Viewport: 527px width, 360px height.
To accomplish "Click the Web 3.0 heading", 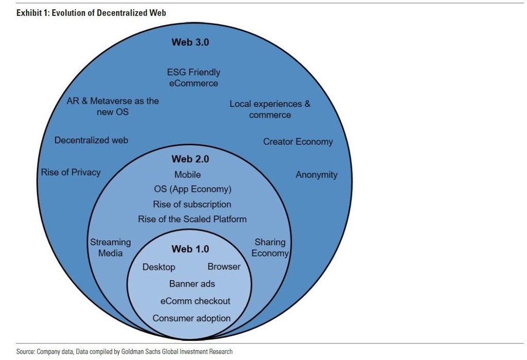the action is (x=190, y=42).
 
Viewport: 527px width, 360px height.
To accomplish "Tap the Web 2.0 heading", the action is (x=190, y=159).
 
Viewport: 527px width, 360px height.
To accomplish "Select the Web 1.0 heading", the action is (x=190, y=249).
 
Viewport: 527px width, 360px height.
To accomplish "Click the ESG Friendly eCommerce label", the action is (x=194, y=78).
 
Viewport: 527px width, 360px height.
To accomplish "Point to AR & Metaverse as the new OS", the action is (x=113, y=106).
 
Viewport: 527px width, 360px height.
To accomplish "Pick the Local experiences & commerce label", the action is (x=270, y=109).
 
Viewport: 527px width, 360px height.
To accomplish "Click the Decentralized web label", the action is (x=91, y=140).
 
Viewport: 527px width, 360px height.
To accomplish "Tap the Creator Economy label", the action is (x=298, y=142).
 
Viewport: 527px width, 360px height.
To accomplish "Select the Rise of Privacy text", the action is (x=71, y=172).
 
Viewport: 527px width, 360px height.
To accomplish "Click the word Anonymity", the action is (x=317, y=175).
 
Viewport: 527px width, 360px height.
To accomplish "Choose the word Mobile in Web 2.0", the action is (x=187, y=175).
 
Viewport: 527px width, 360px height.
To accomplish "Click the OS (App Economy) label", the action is (x=192, y=189).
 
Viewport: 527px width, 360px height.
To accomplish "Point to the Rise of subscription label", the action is (x=192, y=204).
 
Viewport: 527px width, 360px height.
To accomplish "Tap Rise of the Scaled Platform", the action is (x=192, y=219).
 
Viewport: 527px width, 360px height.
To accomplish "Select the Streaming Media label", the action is (x=110, y=248).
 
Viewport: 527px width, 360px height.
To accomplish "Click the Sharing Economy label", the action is (x=270, y=248).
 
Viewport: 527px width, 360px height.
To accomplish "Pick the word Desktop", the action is (x=159, y=267).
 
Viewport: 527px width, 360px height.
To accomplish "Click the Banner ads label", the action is (x=192, y=284).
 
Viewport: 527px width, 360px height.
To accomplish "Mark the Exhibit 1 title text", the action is (x=91, y=13).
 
